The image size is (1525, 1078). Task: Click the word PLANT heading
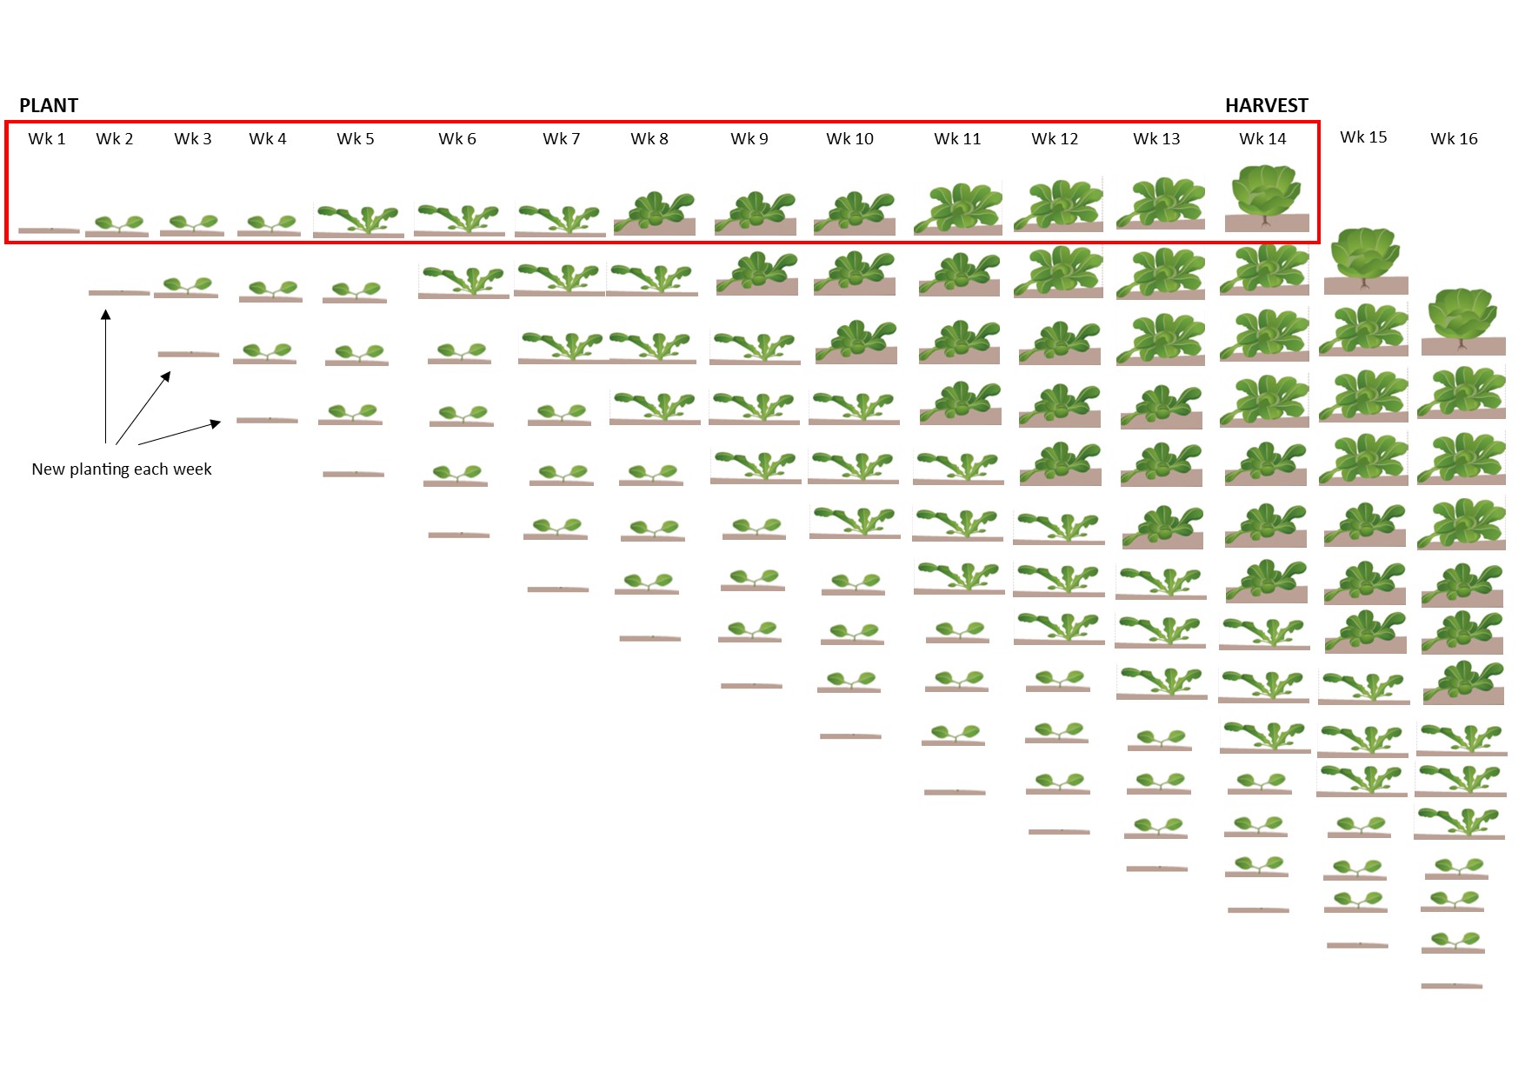click(x=49, y=106)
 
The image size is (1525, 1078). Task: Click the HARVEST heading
click(x=1266, y=106)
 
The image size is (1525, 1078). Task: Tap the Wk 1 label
click(x=47, y=139)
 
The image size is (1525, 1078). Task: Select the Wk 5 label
click(x=356, y=139)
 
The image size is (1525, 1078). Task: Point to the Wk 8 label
click(x=649, y=139)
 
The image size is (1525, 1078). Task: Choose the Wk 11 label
click(x=957, y=139)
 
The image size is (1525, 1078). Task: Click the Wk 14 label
click(x=1262, y=139)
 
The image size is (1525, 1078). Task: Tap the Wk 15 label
click(x=1363, y=137)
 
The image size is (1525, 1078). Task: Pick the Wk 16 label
click(x=1454, y=139)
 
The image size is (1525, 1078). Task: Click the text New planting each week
click(x=122, y=469)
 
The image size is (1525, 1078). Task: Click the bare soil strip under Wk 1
click(x=49, y=230)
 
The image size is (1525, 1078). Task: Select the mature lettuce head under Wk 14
click(x=1267, y=199)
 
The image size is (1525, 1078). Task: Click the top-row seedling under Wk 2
click(x=117, y=226)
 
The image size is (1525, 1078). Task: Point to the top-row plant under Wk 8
click(x=655, y=213)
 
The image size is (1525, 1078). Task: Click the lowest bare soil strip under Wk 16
click(x=1452, y=986)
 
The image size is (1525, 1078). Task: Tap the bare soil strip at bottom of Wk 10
click(x=850, y=736)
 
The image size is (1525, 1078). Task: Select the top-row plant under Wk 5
click(x=358, y=221)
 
